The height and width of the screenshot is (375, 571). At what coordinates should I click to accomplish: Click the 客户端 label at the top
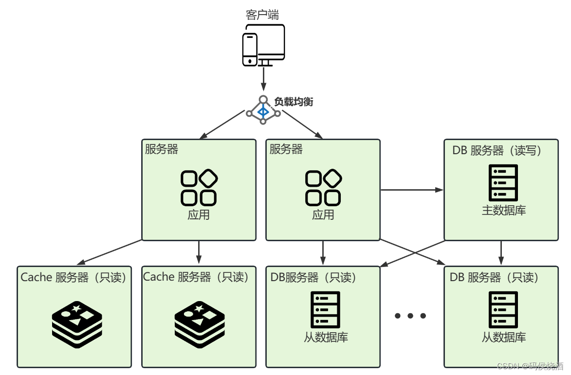(262, 15)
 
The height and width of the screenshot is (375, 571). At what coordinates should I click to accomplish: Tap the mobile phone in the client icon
(250, 49)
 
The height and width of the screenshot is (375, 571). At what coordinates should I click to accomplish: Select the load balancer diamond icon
(263, 111)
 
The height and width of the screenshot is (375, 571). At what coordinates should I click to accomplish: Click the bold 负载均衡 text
(293, 102)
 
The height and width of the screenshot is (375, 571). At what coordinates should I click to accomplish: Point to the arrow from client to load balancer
(263, 79)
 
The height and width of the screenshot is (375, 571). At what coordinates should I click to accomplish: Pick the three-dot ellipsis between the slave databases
(410, 316)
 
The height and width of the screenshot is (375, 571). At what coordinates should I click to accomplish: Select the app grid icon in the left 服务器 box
(199, 188)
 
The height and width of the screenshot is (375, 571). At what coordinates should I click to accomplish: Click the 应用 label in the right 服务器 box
(323, 214)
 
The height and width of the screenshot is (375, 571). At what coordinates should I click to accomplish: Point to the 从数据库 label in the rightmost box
(504, 337)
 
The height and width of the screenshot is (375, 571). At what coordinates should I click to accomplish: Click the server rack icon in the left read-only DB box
(325, 310)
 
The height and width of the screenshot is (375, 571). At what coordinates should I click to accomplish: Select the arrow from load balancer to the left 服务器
(221, 125)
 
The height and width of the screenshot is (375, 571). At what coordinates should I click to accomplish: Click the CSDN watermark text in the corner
(534, 366)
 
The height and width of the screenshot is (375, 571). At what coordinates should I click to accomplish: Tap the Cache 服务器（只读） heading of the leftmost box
(74, 277)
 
